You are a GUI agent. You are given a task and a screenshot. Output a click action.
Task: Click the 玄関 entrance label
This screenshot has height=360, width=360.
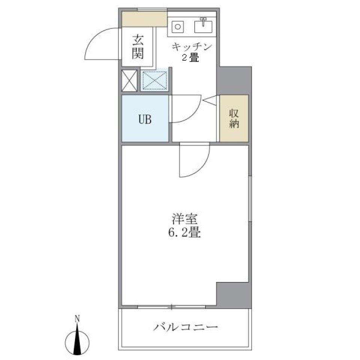point(138,46)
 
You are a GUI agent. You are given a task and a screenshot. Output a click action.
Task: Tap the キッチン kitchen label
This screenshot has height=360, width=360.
point(192,47)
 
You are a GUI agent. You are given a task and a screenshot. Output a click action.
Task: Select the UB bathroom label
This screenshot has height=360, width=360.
point(145,120)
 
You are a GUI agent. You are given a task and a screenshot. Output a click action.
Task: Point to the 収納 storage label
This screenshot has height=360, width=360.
point(234,118)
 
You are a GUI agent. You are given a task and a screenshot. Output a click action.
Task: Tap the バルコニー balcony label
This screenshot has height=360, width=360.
point(186,327)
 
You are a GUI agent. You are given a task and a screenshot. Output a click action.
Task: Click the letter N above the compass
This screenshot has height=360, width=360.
point(77,319)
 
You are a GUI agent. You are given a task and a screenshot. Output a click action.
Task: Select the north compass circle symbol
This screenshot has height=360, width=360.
point(77,342)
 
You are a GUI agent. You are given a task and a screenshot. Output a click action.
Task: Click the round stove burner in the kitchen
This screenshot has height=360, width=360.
point(177,27)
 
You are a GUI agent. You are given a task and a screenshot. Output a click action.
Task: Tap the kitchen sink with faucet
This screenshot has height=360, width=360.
point(204,26)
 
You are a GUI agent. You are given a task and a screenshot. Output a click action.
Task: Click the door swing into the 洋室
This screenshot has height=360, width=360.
point(194,160)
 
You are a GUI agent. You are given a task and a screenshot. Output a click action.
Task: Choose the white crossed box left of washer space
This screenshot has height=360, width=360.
point(130,80)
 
